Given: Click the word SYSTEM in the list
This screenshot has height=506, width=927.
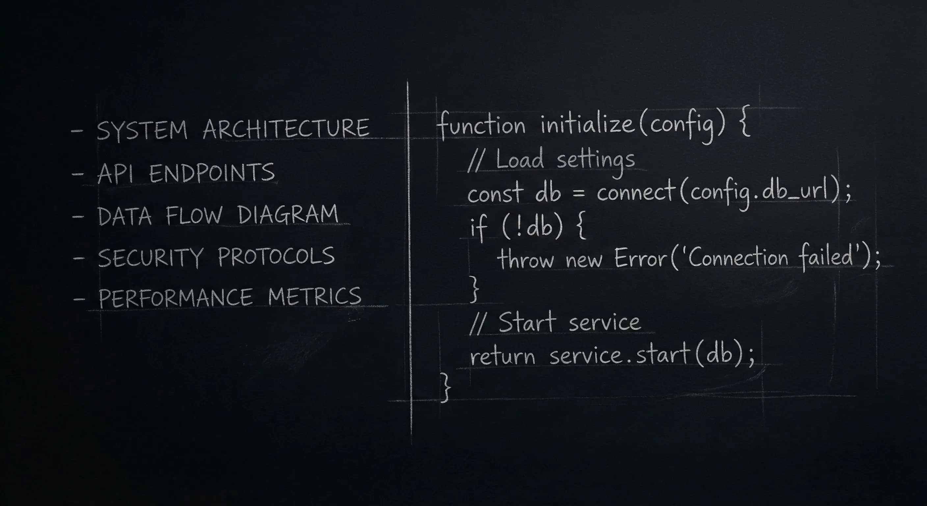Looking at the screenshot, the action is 142,130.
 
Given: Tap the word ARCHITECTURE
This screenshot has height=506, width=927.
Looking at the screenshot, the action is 286,128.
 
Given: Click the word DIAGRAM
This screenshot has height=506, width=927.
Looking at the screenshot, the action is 288,214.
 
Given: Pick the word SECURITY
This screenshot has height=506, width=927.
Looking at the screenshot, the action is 151,258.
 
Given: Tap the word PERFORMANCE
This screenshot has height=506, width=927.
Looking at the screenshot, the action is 175,298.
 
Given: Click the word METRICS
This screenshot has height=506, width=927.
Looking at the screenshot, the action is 314,296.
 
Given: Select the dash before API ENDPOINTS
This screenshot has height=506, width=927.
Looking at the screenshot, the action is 78,174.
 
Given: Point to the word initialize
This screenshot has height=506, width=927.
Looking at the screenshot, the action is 587,124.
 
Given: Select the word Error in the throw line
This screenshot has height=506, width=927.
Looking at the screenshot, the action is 641,258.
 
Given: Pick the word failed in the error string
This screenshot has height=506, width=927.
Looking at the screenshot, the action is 826,256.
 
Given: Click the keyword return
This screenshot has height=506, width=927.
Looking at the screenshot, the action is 502,356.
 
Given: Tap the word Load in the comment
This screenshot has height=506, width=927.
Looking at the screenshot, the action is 520,159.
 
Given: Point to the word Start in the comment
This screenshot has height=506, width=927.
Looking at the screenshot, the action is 528,322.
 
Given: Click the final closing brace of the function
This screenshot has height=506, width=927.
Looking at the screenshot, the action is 446,387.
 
